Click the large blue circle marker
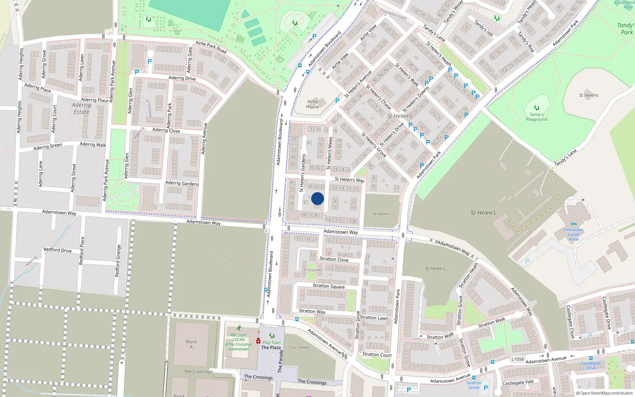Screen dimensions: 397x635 [317, 198]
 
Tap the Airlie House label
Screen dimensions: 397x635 [312, 104]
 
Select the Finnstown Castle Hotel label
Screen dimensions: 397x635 [573, 234]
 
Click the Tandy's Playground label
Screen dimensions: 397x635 [536, 117]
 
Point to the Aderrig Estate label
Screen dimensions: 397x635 [81, 108]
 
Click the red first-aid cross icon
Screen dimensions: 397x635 [258, 341]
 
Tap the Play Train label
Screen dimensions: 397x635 [271, 342]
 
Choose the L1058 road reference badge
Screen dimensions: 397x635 [517, 359]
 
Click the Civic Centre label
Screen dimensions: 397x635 [299, 347]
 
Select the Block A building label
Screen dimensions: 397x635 [191, 344]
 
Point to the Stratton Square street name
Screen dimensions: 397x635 [329, 286]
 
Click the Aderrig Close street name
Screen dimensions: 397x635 [166, 130]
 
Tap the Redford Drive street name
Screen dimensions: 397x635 [58, 250]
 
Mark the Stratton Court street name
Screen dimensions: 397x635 [377, 355]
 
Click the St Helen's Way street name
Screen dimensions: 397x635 [349, 179]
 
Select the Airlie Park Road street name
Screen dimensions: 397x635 [211, 47]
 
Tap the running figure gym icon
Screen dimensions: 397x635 [239, 328]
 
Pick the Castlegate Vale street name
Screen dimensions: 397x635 [518, 383]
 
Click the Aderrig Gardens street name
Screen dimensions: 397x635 [182, 183]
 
